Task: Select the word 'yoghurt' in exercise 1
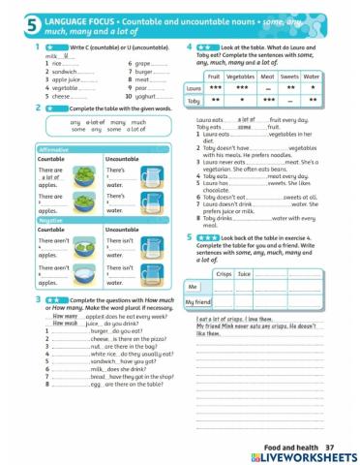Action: point(142,96)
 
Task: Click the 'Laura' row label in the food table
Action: point(193,88)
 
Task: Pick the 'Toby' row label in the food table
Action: point(193,101)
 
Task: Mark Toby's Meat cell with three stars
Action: point(262,101)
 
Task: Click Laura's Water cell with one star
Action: point(310,88)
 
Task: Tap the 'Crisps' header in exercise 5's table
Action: point(224,273)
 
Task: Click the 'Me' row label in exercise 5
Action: point(193,287)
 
